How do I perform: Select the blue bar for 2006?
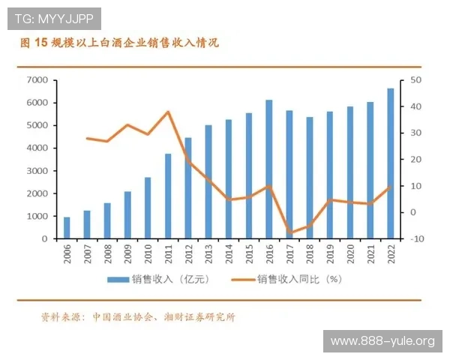pos(67,228)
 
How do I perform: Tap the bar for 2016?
pos(269,169)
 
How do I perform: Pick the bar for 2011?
pos(168,196)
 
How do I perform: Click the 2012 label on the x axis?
pos(189,256)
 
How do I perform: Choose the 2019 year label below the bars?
pos(330,256)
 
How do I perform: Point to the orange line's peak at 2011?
pos(168,112)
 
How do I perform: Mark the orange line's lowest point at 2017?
pos(289,233)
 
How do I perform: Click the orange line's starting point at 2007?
pos(87,138)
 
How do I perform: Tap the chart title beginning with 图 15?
pos(120,44)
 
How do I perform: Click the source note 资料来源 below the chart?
pos(139,317)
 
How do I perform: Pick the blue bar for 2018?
pos(310,178)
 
